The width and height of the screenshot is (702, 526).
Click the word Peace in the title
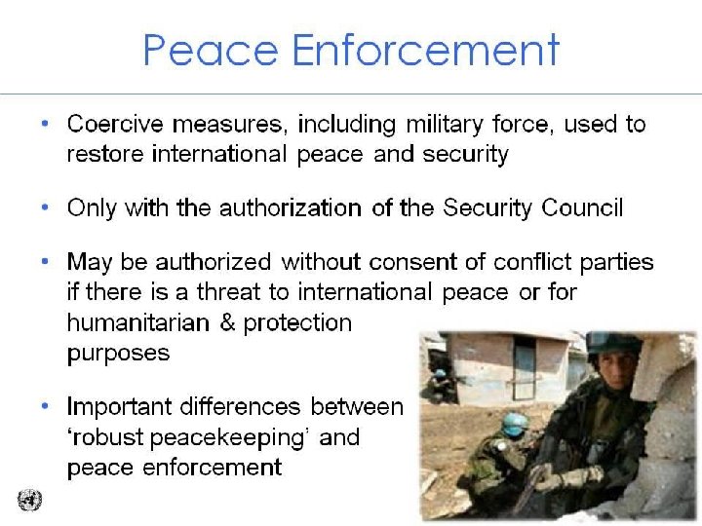pos(200,49)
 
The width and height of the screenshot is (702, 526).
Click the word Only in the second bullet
pos(89,207)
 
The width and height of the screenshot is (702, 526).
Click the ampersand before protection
pos(228,322)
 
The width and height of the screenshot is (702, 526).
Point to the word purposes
pos(118,353)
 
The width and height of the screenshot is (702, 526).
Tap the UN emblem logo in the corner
pos(29,501)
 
